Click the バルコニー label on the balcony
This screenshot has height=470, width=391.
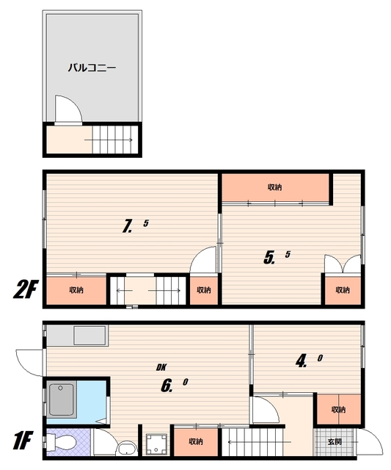(x=92, y=68)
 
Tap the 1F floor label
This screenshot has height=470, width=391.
(x=23, y=441)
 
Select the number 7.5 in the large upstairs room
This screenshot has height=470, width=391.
(x=135, y=225)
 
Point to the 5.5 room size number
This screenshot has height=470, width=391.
(x=277, y=257)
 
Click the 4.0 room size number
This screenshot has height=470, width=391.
(x=309, y=361)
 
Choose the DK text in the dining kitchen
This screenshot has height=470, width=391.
(x=161, y=367)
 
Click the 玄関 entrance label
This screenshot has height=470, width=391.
(x=335, y=442)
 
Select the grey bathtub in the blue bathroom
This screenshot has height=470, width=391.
(x=62, y=399)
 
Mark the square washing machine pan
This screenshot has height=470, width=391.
(x=156, y=444)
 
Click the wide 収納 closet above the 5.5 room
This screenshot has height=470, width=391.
(x=275, y=188)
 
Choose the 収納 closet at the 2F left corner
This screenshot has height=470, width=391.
(x=76, y=290)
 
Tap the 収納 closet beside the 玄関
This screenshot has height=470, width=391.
(x=339, y=410)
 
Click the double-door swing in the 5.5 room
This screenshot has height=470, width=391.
(x=343, y=264)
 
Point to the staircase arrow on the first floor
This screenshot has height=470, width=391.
(x=260, y=442)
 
